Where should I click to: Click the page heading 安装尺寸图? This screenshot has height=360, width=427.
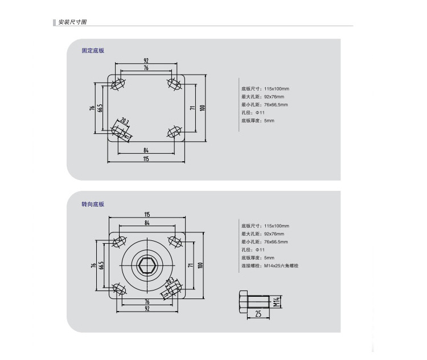[72, 22]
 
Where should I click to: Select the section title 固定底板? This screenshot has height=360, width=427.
[93, 51]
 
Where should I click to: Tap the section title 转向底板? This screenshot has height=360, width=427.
[93, 204]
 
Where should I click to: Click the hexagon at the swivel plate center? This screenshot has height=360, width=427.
[147, 265]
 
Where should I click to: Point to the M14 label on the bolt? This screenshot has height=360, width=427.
[276, 302]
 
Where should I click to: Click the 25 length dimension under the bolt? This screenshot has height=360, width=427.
[258, 314]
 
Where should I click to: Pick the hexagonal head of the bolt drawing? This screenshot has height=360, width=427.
[243, 302]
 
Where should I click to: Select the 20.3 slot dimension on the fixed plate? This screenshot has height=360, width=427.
[125, 121]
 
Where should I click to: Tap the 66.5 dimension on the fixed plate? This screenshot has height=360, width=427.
[100, 108]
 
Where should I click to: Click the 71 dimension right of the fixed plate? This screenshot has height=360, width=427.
[192, 108]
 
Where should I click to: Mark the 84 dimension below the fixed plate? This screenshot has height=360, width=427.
[146, 150]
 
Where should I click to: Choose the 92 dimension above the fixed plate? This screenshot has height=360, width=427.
[146, 60]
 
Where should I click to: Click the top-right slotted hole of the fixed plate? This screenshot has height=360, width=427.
[174, 83]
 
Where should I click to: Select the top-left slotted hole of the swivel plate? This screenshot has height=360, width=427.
[120, 242]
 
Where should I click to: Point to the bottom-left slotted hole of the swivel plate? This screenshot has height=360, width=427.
[120, 289]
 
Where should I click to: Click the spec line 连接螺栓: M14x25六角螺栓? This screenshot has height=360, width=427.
[270, 265]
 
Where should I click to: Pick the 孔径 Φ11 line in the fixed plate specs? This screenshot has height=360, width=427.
[253, 113]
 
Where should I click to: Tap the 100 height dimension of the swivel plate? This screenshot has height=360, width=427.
[200, 265]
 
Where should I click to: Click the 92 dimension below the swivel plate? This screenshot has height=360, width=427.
[147, 309]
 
